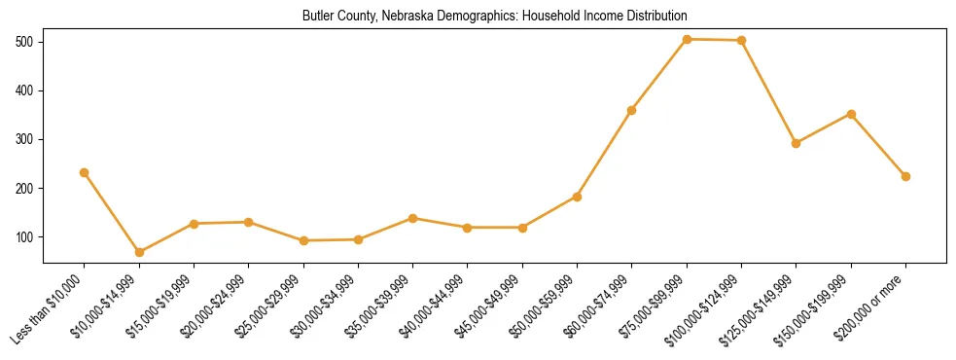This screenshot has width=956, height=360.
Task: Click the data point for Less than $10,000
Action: [85, 172]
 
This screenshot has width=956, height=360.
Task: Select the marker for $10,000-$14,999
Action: [139, 252]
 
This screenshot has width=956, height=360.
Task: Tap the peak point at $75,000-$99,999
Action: [687, 39]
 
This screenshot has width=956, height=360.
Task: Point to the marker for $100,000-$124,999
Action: [742, 41]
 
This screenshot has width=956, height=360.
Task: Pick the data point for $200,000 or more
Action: [905, 176]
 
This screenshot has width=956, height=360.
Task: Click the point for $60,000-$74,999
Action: [632, 110]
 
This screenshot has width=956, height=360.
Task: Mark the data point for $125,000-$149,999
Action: [797, 143]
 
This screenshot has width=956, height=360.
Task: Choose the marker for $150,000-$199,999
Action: [851, 114]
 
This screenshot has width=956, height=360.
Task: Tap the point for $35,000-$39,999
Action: [413, 218]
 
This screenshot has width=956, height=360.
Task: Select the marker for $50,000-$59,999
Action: [578, 197]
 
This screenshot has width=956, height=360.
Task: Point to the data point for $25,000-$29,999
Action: [303, 240]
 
